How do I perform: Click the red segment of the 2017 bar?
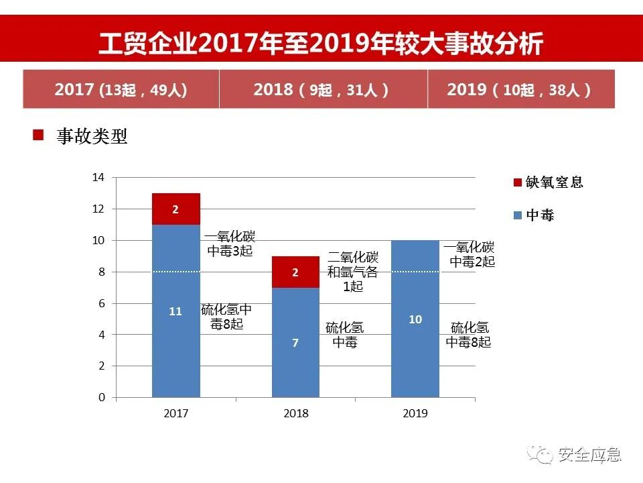(x=175, y=209)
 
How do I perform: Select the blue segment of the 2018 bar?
(x=295, y=342)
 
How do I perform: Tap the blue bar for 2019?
(x=415, y=319)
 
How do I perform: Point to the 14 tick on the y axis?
(x=98, y=178)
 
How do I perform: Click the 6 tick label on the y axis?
(x=102, y=303)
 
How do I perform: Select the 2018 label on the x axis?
(x=295, y=413)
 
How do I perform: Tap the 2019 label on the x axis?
(x=415, y=413)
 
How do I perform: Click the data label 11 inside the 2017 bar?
(x=175, y=311)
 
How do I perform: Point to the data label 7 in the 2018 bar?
(x=295, y=343)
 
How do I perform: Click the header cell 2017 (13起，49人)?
(x=121, y=89)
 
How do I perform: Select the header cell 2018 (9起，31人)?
(x=322, y=89)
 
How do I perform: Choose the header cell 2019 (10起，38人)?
(x=520, y=89)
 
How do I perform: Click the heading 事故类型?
(x=92, y=136)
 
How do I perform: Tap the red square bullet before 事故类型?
(x=38, y=136)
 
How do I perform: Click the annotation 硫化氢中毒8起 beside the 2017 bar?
(x=226, y=317)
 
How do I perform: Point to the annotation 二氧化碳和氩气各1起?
(x=353, y=272)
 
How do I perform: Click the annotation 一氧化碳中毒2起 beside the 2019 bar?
(x=470, y=254)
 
